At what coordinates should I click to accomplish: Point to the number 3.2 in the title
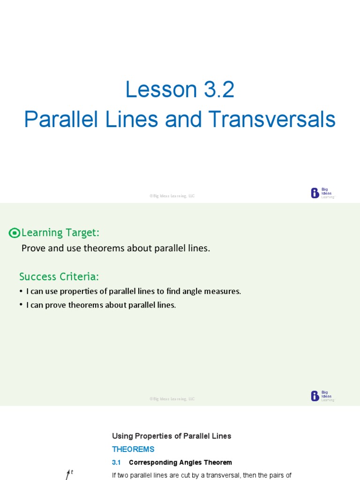[216, 90]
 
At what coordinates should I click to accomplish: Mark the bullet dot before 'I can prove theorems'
[21, 305]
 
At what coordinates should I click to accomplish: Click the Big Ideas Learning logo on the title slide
[322, 193]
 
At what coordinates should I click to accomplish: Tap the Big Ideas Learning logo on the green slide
[322, 396]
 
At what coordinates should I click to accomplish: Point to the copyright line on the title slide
[172, 196]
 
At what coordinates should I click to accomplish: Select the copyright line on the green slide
[172, 399]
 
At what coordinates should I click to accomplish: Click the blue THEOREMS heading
[133, 449]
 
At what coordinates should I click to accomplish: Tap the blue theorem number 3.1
[116, 462]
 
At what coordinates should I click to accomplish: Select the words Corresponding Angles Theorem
[180, 462]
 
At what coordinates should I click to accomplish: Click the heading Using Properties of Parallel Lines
[172, 436]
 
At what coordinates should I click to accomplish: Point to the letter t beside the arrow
[72, 472]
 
